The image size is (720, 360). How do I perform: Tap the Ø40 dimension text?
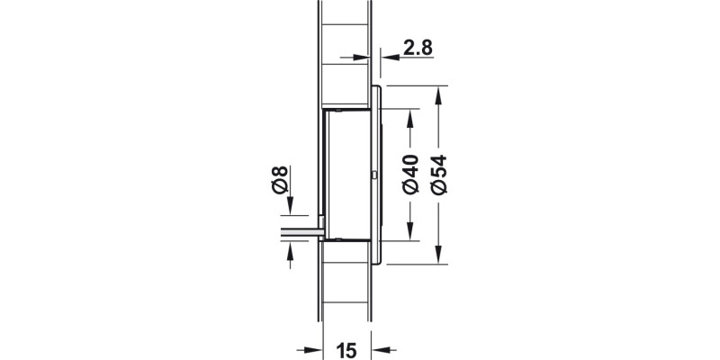[x=410, y=175]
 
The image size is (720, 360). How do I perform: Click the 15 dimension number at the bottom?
[x=348, y=349]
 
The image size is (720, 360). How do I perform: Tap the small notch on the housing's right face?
[x=373, y=174]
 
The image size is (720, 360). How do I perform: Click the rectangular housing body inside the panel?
[x=348, y=175]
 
